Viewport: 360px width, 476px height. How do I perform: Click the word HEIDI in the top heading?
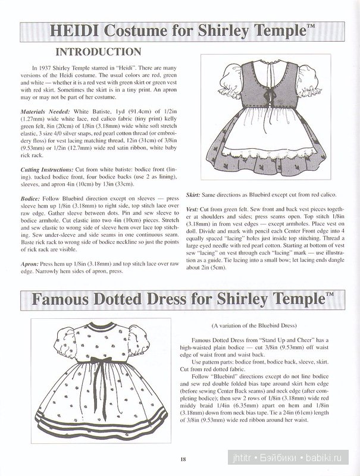click(71, 30)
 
